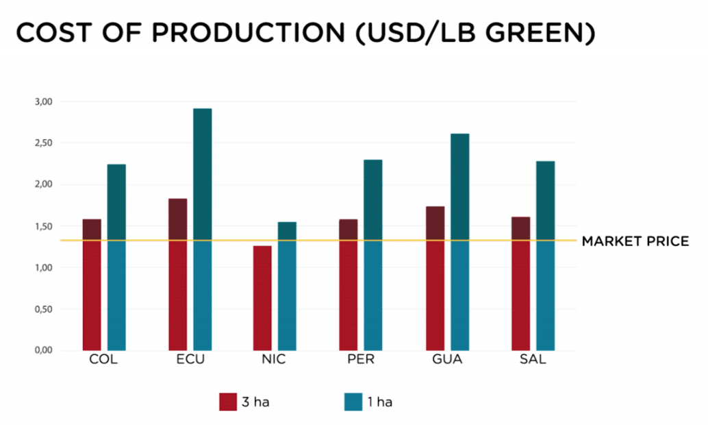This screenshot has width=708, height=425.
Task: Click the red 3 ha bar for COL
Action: tap(92, 284)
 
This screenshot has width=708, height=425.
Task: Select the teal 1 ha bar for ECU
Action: tap(202, 230)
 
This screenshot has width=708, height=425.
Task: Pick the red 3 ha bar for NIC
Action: tap(262, 298)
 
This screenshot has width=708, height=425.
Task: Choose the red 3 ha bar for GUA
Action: tap(435, 278)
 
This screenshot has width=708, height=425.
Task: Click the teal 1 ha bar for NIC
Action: tap(288, 286)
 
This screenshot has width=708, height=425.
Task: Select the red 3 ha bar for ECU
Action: tap(177, 274)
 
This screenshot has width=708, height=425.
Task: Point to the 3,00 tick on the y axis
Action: tap(43, 101)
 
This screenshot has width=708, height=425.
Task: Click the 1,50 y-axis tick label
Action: tap(43, 226)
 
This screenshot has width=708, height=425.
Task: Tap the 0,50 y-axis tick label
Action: tap(43, 309)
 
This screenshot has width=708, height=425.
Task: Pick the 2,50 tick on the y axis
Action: tap(43, 143)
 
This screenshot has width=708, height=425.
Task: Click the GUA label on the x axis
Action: tap(447, 360)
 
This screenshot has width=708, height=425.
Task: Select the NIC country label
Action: tap(275, 360)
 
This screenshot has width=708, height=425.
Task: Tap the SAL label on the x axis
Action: tap(533, 360)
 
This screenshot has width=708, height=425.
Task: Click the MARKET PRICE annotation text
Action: tap(635, 241)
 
